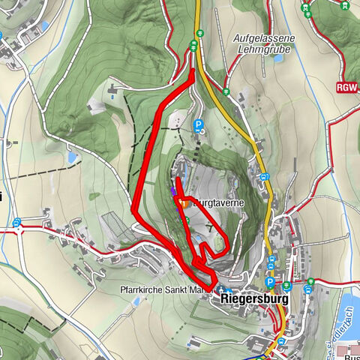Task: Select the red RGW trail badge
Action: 346,87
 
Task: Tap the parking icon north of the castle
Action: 198,126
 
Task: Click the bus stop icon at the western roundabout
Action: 16,223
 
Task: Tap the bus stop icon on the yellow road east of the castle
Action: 265,177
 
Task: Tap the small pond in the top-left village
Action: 44,26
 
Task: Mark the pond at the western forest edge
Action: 73,158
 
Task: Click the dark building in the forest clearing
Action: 112,90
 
